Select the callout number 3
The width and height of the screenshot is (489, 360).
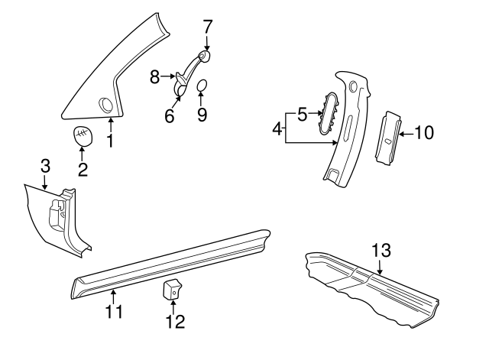click(45, 166)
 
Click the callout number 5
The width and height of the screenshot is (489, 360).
click(302, 115)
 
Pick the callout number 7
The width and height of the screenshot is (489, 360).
click(207, 25)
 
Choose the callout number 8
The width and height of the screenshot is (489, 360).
click(154, 76)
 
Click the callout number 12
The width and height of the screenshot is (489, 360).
click(175, 321)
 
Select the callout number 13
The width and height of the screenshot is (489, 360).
click(381, 250)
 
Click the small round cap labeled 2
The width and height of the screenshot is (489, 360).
click(83, 136)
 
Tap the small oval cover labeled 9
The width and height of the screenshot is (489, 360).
click(202, 86)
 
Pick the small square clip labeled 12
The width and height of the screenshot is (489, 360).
click(173, 290)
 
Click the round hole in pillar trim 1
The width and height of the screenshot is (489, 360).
click(105, 103)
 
